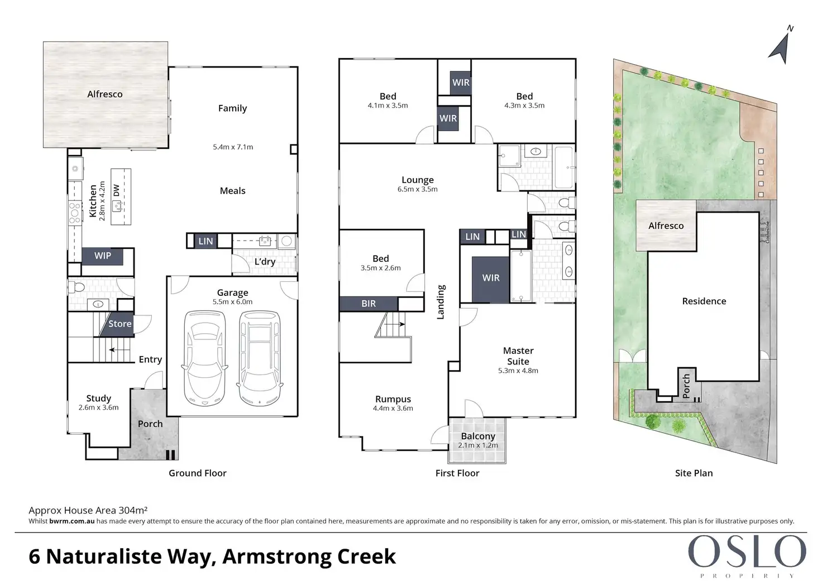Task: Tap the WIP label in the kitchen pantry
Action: click(102, 256)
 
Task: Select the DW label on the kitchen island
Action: click(116, 190)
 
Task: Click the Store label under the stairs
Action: click(120, 324)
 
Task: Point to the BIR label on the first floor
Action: click(369, 304)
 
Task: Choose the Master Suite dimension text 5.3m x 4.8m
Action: click(518, 371)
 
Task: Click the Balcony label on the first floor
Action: click(478, 436)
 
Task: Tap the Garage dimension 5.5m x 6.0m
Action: click(233, 302)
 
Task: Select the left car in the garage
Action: click(204, 358)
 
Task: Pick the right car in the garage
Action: click(260, 358)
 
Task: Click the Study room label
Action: click(99, 398)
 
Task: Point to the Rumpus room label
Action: click(393, 399)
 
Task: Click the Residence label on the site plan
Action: click(704, 301)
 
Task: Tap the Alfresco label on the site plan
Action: click(666, 226)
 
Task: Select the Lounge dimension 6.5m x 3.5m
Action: click(418, 189)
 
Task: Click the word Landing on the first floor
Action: click(441, 302)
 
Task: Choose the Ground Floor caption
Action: click(198, 473)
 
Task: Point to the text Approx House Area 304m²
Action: click(88, 510)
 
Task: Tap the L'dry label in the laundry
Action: click(265, 262)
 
